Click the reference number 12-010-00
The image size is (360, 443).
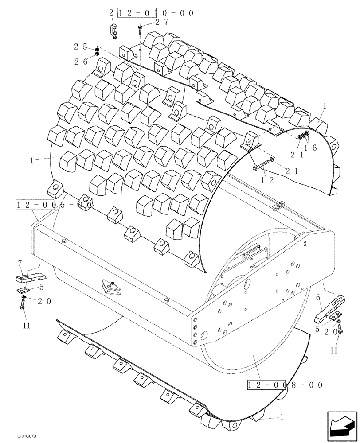coord(155,13)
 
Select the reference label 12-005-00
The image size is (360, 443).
coord(54,205)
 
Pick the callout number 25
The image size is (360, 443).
coord(80,46)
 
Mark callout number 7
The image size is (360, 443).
coord(20,264)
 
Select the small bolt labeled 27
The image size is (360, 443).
coord(140,31)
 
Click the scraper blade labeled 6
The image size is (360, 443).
coord(330,308)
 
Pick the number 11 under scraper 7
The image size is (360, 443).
coord(26,326)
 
